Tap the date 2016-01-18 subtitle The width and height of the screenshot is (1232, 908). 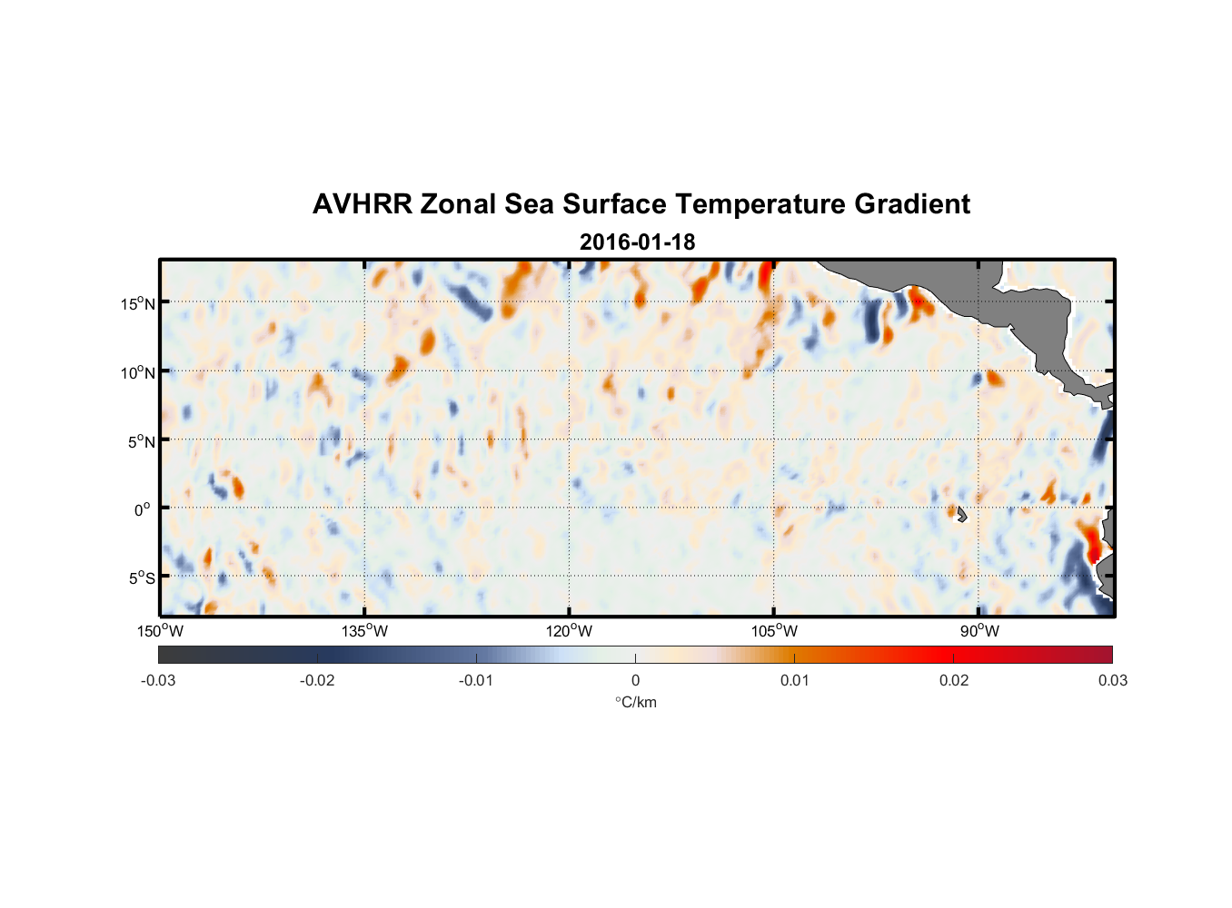pyautogui.click(x=637, y=242)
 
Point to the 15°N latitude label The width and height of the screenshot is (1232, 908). pyautogui.click(x=138, y=303)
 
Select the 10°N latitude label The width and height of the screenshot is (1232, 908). pyautogui.click(x=138, y=372)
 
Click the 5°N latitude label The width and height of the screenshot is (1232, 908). pyautogui.click(x=141, y=441)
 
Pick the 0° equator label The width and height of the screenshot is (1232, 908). pyautogui.click(x=144, y=509)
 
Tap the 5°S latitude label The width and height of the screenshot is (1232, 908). pyautogui.click(x=141, y=578)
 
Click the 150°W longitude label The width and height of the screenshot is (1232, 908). pyautogui.click(x=160, y=631)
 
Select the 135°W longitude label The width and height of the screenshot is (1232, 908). pyautogui.click(x=365, y=631)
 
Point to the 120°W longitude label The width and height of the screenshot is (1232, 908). pyautogui.click(x=570, y=631)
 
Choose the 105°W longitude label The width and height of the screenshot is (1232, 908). pyautogui.click(x=774, y=631)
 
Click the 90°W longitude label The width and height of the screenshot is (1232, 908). pyautogui.click(x=979, y=631)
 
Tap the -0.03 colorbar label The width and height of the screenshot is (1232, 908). pyautogui.click(x=158, y=681)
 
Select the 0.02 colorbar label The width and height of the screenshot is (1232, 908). pyautogui.click(x=954, y=681)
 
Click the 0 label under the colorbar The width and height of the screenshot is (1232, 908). pyautogui.click(x=635, y=681)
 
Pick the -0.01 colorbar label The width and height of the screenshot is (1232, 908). pyautogui.click(x=476, y=681)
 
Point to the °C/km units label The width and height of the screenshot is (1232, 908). pyautogui.click(x=635, y=702)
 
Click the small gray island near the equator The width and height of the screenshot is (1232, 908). pyautogui.click(x=959, y=514)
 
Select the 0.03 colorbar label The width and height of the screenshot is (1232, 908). pyautogui.click(x=1112, y=681)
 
